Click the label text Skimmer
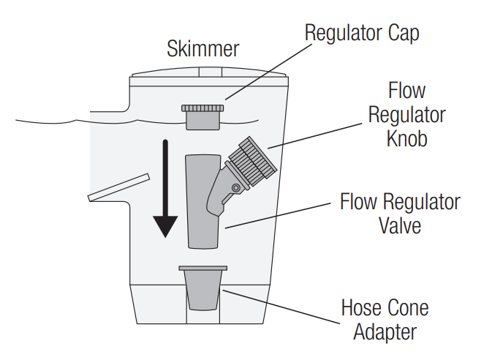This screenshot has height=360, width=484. pyautogui.click(x=203, y=50)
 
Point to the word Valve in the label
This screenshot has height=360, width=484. pyautogui.click(x=399, y=224)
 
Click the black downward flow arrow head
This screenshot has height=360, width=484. pyautogui.click(x=166, y=226)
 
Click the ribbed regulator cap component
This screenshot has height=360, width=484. pyautogui.click(x=203, y=115)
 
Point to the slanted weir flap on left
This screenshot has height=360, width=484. pyautogui.click(x=118, y=187)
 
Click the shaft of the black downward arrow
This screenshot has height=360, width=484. pyautogui.click(x=166, y=176)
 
